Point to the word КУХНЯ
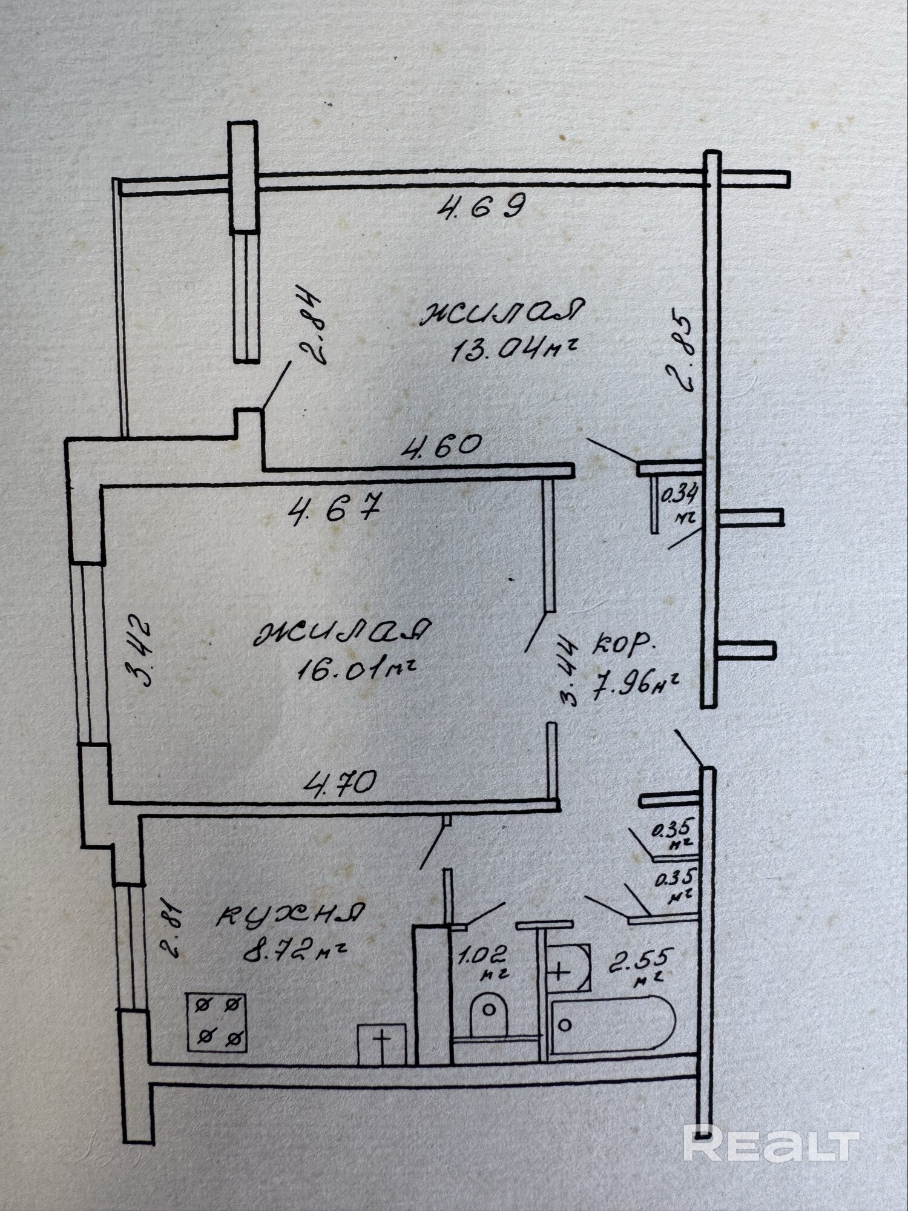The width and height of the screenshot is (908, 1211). [x=291, y=915]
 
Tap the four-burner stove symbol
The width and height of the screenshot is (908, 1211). [x=216, y=1021]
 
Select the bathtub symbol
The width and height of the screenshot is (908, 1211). [x=613, y=1023]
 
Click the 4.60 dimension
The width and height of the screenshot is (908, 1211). [x=444, y=447]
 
